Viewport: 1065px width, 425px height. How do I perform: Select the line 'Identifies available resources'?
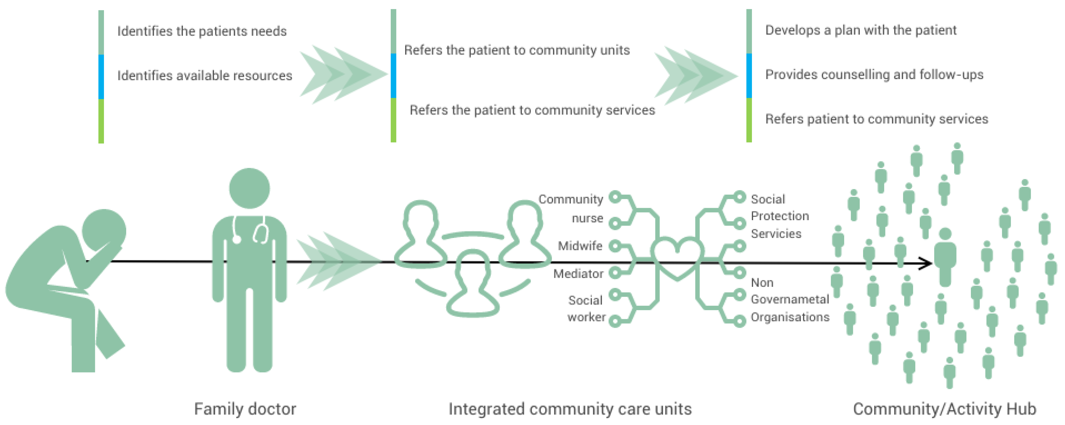click(x=205, y=75)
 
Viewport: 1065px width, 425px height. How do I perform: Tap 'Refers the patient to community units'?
click(x=517, y=50)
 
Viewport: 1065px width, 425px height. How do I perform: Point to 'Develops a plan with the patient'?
click(x=861, y=30)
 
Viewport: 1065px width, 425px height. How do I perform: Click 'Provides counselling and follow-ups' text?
click(x=874, y=74)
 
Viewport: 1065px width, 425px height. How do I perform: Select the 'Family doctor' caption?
click(x=245, y=409)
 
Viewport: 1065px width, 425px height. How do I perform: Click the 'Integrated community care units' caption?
click(x=570, y=409)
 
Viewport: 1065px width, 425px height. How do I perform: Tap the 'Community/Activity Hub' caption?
click(x=945, y=409)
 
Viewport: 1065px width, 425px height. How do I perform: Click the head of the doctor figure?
click(x=249, y=188)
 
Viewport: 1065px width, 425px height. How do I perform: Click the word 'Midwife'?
click(x=580, y=246)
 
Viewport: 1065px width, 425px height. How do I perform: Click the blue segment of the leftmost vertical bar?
click(x=101, y=76)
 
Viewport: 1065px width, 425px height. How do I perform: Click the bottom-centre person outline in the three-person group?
click(x=473, y=285)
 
